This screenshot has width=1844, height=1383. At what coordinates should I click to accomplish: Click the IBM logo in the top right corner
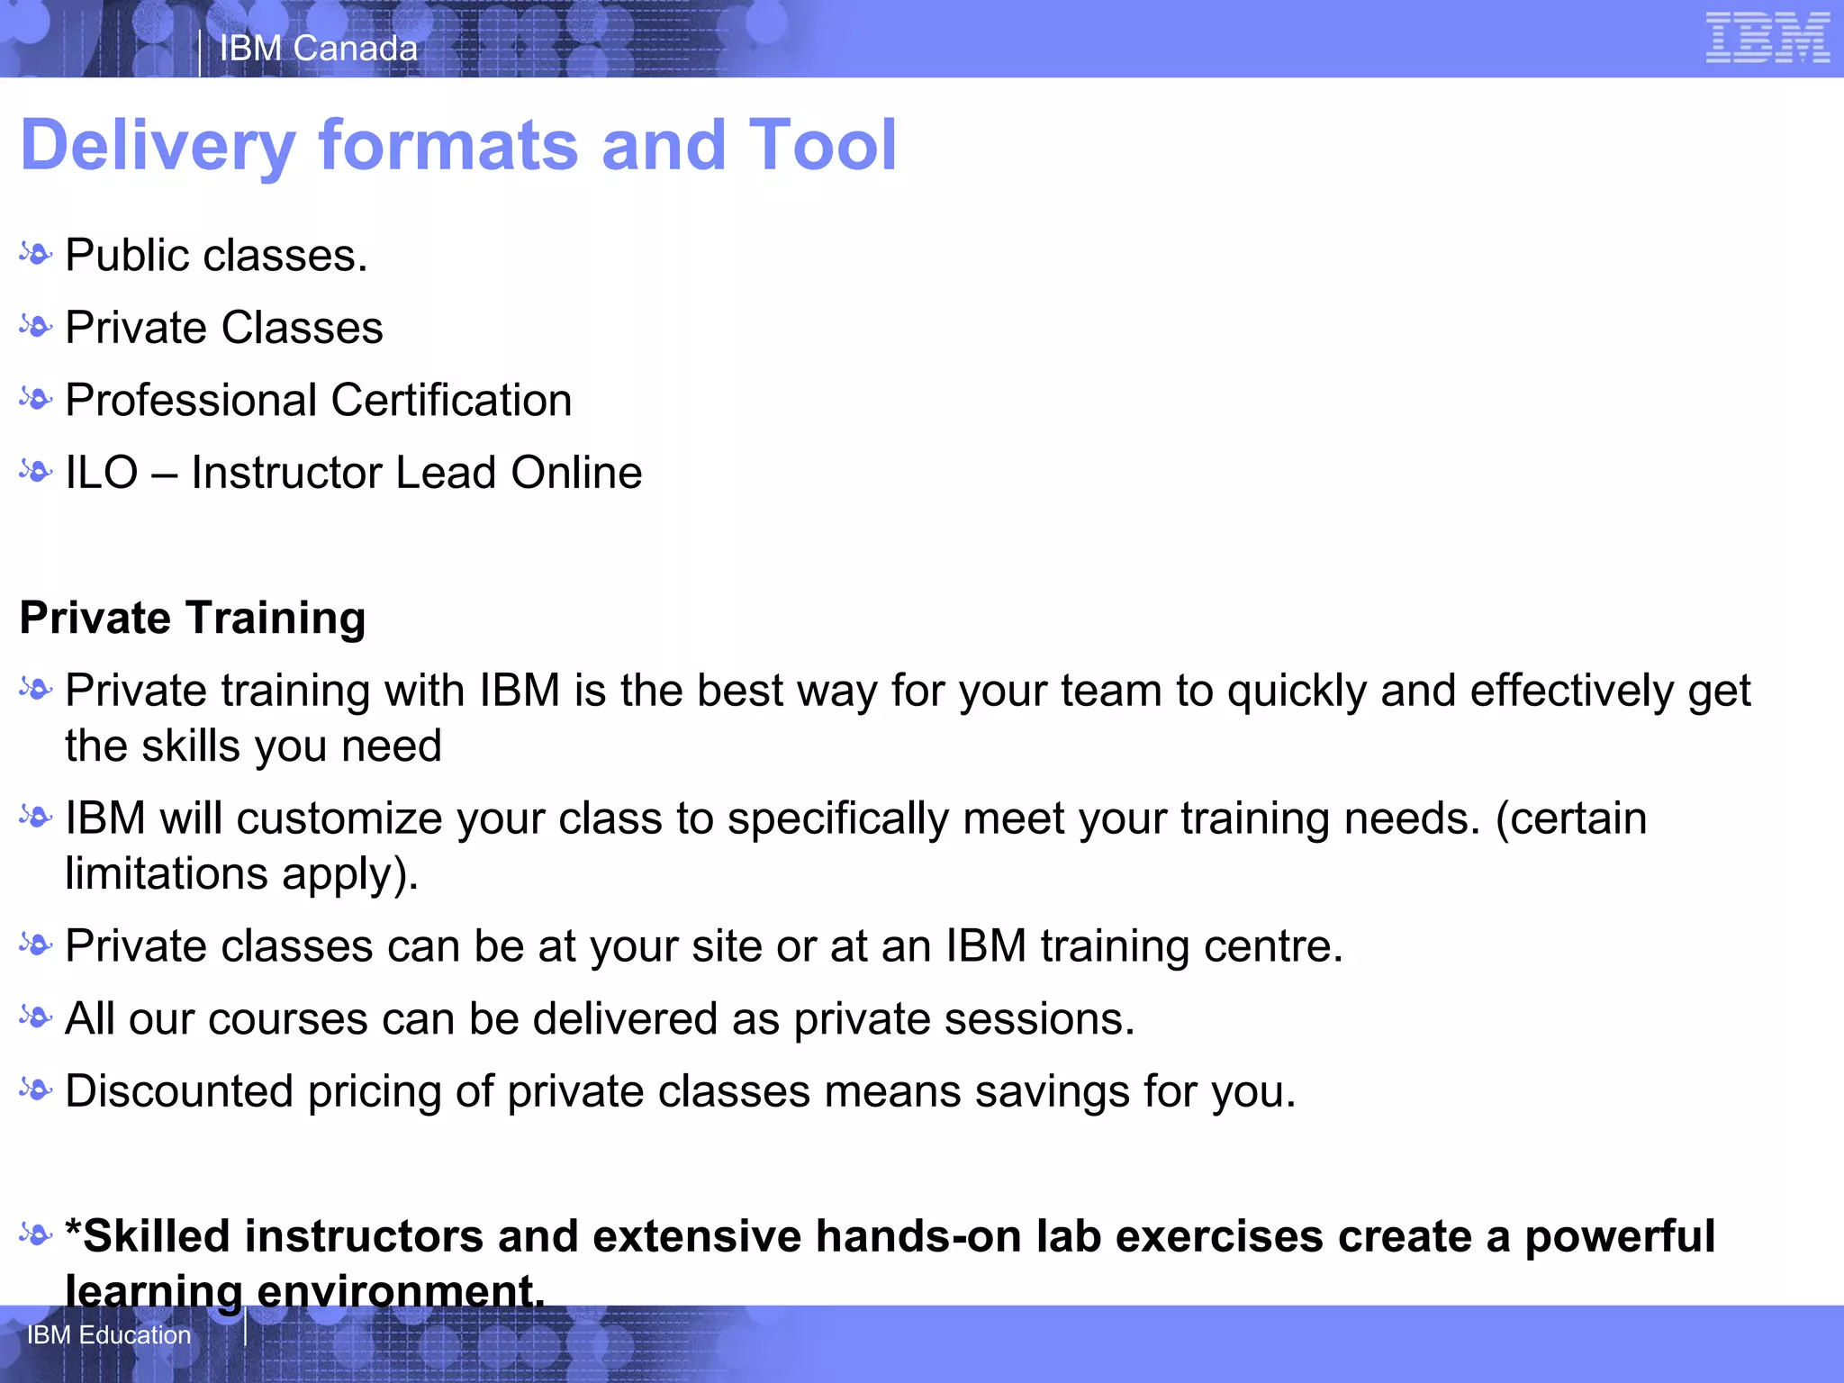pyautogui.click(x=1767, y=39)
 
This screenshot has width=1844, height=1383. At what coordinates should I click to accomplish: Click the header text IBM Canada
pyautogui.click(x=319, y=49)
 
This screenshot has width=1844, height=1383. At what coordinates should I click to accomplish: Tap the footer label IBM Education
pyautogui.click(x=109, y=1334)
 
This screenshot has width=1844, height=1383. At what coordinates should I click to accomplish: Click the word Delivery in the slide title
pyautogui.click(x=158, y=146)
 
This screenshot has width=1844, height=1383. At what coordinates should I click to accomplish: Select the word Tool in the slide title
pyautogui.click(x=822, y=146)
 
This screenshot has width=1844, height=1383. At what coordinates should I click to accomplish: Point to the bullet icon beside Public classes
pyautogui.click(x=36, y=255)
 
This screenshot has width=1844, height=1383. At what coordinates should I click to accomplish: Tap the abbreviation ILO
pyautogui.click(x=102, y=474)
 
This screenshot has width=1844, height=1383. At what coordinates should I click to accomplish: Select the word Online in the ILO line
pyautogui.click(x=576, y=474)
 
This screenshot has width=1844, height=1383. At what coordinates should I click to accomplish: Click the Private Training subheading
pyautogui.click(x=193, y=619)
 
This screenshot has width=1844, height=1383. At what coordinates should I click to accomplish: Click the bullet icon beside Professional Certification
pyautogui.click(x=36, y=399)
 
